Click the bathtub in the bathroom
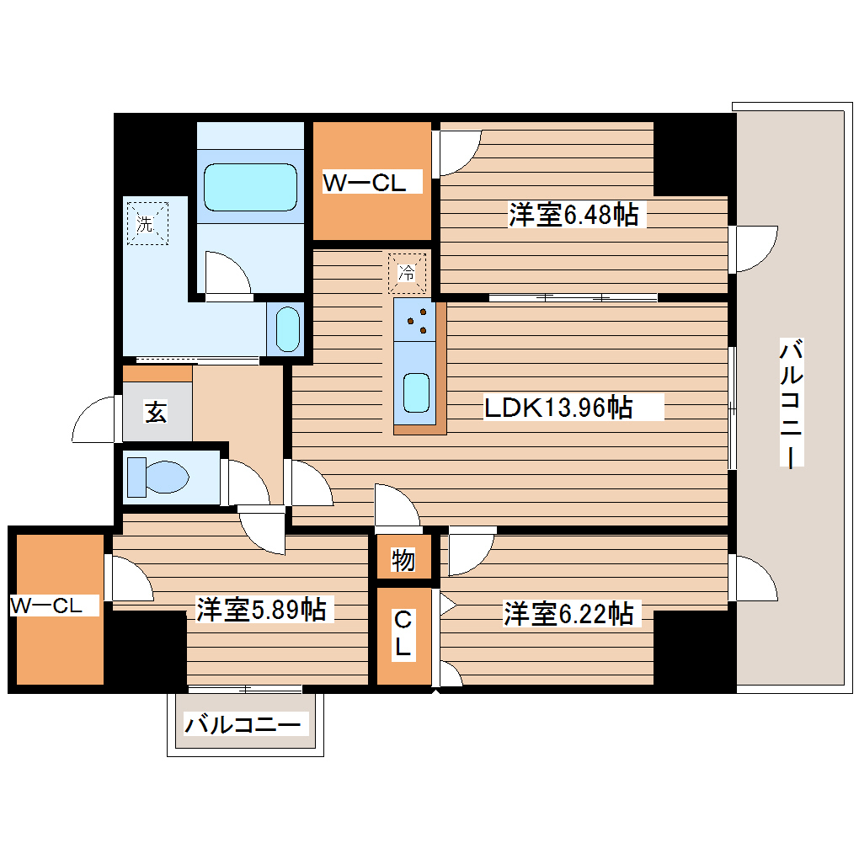(250, 187)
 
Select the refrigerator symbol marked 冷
(407, 272)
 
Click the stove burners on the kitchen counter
(415, 320)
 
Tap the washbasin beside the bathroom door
(288, 328)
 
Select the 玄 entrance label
(156, 413)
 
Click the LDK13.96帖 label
(558, 408)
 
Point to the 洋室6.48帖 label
(573, 216)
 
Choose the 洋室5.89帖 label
(261, 609)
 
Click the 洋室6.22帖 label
(568, 613)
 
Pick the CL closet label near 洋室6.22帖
(403, 635)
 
